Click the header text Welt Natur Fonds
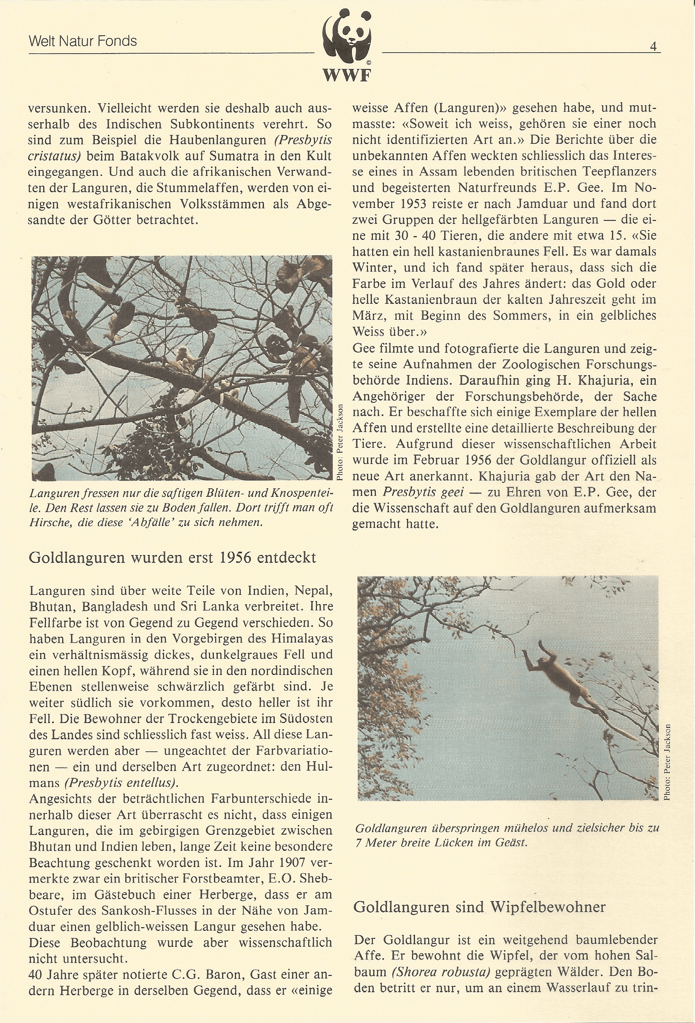(83, 42)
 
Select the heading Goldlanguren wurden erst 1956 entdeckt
(172, 557)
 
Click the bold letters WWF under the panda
(347, 76)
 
